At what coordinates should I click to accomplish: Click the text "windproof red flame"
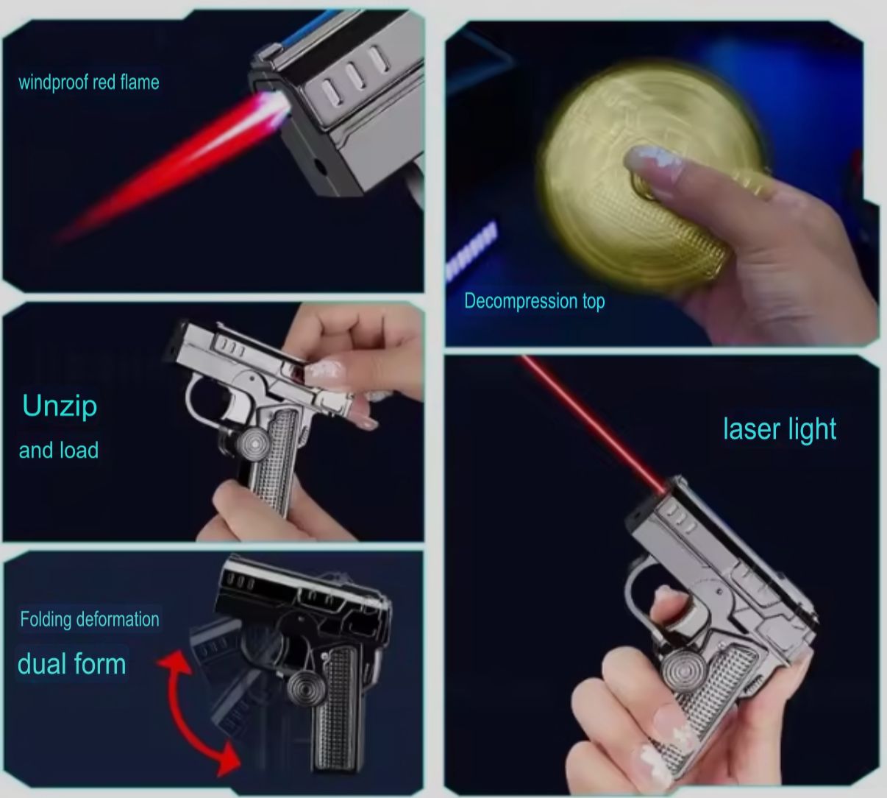pyautogui.click(x=89, y=82)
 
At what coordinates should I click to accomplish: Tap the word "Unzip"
pyautogui.click(x=60, y=406)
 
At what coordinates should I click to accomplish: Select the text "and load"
pyautogui.click(x=59, y=451)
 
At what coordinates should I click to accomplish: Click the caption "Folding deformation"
pyautogui.click(x=90, y=619)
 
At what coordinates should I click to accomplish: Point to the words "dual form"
pyautogui.click(x=71, y=664)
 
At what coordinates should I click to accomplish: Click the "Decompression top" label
pyautogui.click(x=535, y=301)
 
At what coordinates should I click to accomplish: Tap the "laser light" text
pyautogui.click(x=780, y=429)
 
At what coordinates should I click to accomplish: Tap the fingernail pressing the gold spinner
pyautogui.click(x=652, y=160)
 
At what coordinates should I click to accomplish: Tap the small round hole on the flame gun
pyautogui.click(x=320, y=167)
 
